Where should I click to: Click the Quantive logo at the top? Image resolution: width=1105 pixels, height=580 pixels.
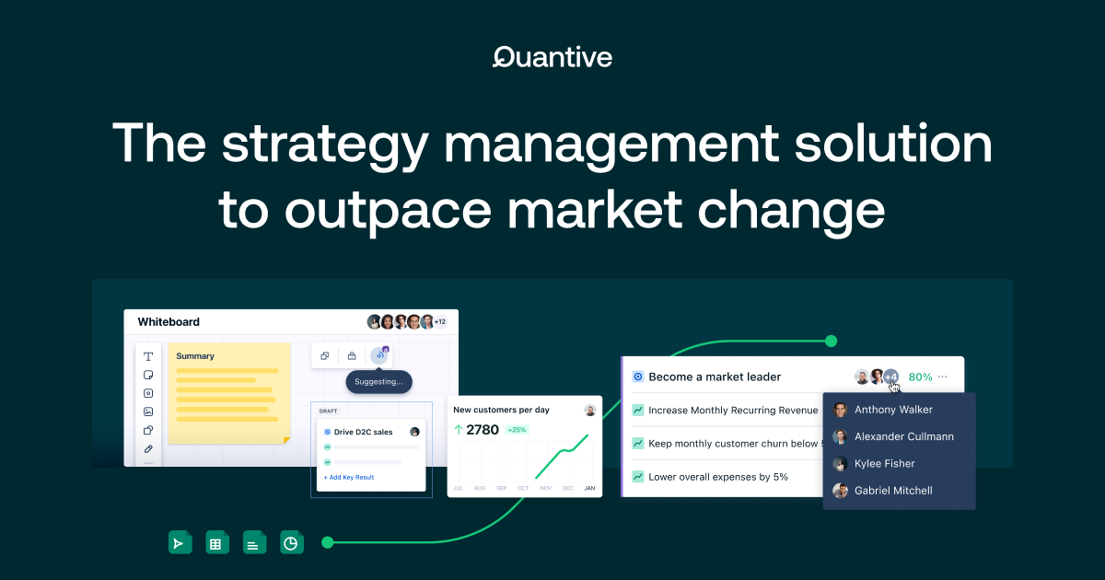click(552, 57)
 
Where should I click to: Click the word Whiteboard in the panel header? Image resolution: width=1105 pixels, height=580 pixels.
click(169, 322)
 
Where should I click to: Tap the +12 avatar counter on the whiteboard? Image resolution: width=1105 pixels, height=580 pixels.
click(440, 322)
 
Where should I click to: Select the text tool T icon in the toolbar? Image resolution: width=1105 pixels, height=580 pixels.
click(148, 356)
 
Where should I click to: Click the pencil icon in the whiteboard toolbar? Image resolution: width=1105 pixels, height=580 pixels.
click(148, 449)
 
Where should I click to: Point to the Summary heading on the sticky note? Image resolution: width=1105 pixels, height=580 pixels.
click(195, 356)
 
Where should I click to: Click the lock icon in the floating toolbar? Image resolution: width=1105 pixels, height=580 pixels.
click(352, 355)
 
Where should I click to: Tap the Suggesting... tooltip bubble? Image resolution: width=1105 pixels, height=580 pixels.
click(379, 381)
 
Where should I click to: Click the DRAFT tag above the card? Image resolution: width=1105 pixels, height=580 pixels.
click(328, 412)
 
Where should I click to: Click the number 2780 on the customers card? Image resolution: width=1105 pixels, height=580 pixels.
click(483, 430)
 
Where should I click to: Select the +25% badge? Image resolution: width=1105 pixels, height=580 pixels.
click(517, 430)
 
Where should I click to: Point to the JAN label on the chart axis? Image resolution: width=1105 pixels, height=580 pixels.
click(589, 488)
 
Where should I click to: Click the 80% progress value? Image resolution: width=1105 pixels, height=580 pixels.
click(920, 377)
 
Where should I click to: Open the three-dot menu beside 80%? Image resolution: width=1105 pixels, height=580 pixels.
click(942, 377)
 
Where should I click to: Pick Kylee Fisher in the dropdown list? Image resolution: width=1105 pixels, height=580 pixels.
click(884, 464)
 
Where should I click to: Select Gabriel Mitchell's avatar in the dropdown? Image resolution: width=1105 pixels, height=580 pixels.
click(840, 491)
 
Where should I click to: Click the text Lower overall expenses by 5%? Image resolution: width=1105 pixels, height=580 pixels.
click(718, 477)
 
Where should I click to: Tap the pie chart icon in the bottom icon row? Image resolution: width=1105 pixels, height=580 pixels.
click(291, 543)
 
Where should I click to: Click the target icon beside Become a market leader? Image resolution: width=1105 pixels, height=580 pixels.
click(637, 377)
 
